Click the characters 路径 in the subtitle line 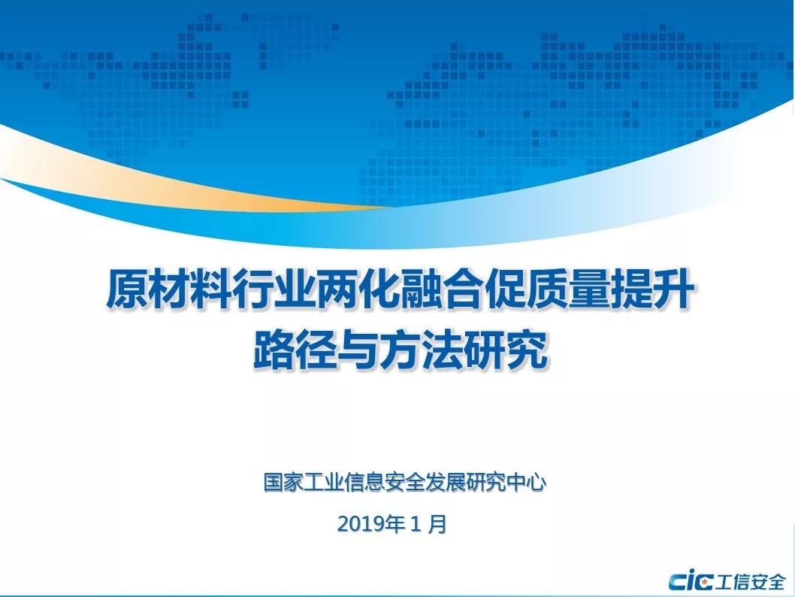coord(295,350)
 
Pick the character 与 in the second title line coord(358,350)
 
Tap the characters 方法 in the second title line coord(421,350)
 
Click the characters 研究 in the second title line coord(506,350)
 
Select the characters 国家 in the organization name coord(283,482)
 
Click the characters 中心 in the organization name coord(526,482)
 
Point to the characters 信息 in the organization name coord(364,482)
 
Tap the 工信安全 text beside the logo coord(751,582)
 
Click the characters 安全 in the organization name coord(405,482)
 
